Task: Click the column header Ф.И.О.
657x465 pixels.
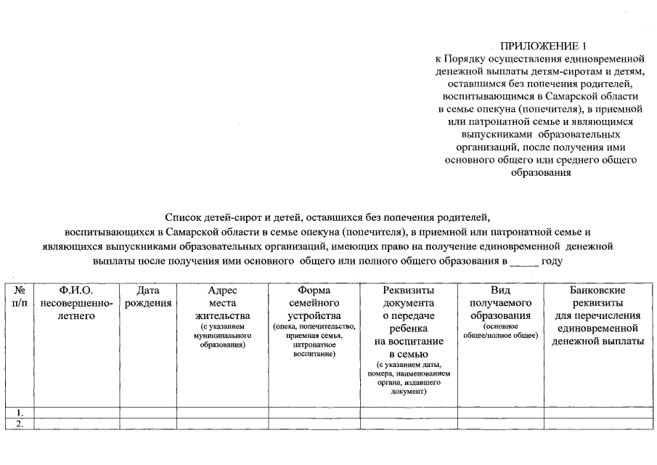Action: click(x=76, y=291)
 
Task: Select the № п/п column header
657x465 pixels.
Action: click(x=20, y=296)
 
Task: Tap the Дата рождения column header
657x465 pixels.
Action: click(x=148, y=296)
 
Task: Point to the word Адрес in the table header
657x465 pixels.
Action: click(x=222, y=291)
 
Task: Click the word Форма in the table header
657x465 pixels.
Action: click(x=314, y=291)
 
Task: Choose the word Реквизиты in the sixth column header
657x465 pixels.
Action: click(x=408, y=291)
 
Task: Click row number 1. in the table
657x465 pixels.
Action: click(x=20, y=413)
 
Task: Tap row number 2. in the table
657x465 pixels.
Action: click(x=20, y=424)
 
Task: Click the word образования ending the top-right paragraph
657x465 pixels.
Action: click(x=541, y=173)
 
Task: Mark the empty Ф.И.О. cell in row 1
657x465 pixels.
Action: click(x=76, y=413)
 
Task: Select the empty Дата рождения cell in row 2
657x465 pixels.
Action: click(x=148, y=424)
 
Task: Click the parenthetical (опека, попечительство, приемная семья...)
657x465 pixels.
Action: click(x=314, y=340)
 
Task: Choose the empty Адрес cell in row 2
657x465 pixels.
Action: click(x=222, y=424)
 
